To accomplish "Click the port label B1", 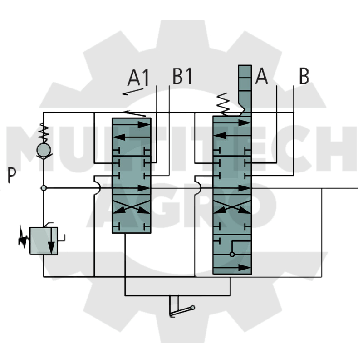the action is (x=182, y=76).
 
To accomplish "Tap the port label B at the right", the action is (x=304, y=76).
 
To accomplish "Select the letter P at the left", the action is (x=12, y=175).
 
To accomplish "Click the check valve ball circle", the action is (x=44, y=150).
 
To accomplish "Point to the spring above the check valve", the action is (x=44, y=132).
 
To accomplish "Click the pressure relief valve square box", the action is (x=44, y=241).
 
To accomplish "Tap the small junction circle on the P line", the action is (x=44, y=188).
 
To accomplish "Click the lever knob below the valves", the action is (x=192, y=308).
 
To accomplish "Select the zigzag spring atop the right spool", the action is (x=223, y=104).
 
